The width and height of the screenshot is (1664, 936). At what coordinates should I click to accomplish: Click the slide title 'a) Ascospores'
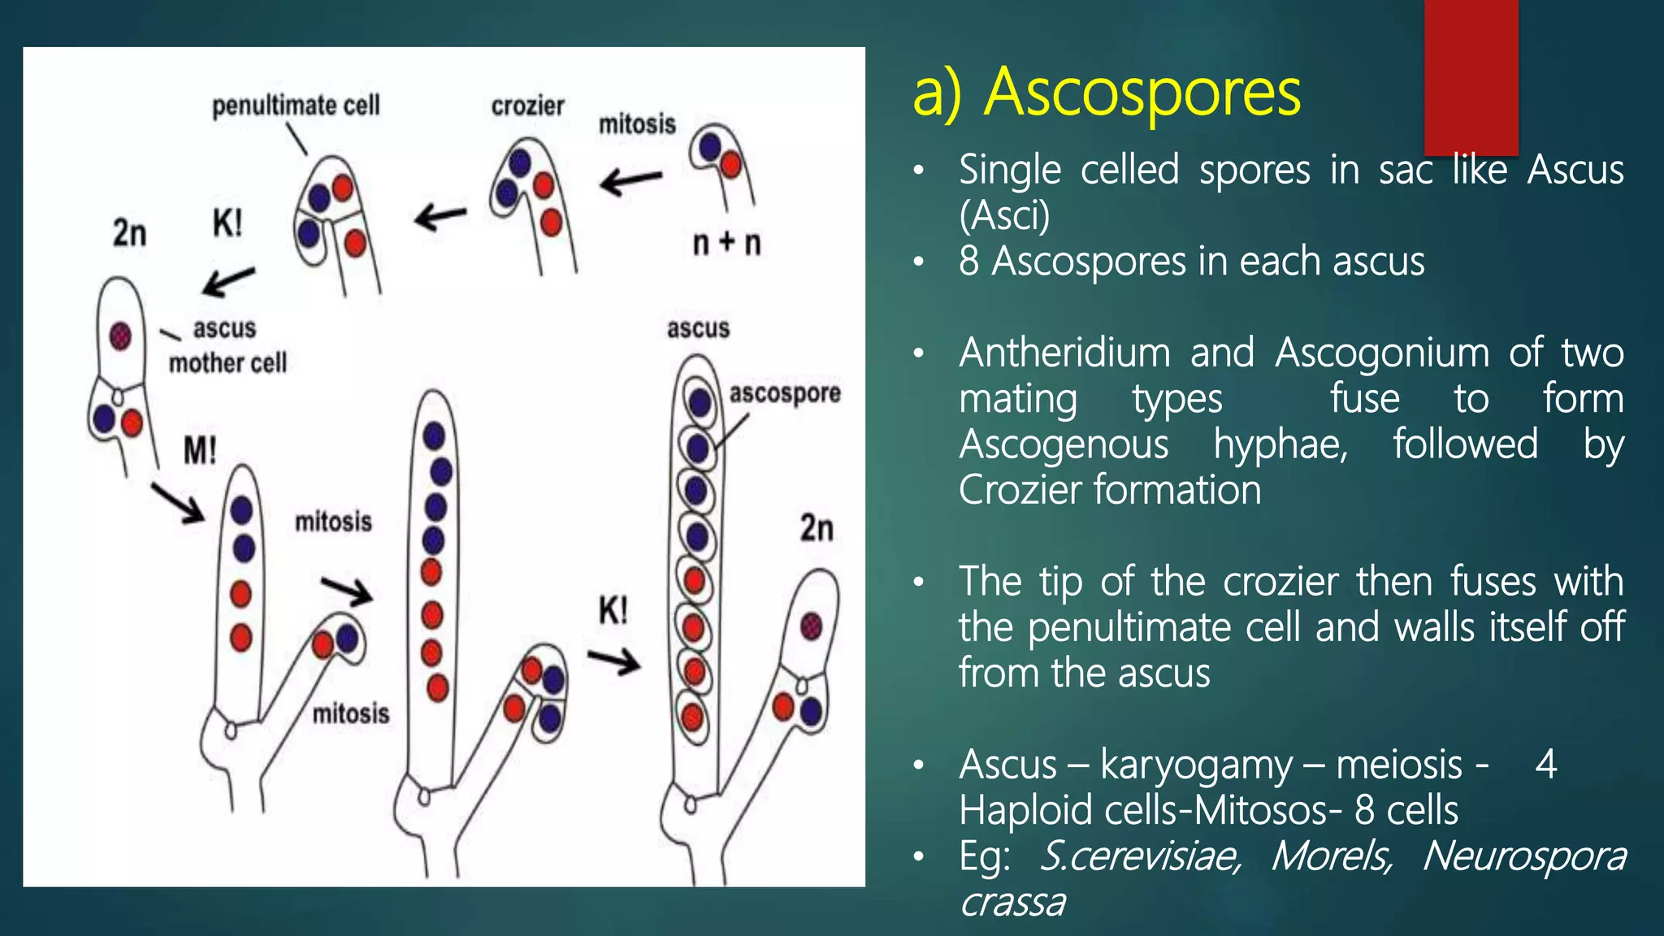pyautogui.click(x=1106, y=93)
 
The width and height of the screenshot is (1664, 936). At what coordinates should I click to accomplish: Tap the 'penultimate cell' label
pyautogui.click(x=296, y=106)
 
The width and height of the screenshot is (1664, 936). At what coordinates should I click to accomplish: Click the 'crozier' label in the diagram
pyautogui.click(x=527, y=106)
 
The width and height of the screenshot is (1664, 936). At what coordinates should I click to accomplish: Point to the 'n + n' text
pyautogui.click(x=726, y=242)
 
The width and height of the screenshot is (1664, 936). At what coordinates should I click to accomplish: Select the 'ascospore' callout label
pyautogui.click(x=784, y=393)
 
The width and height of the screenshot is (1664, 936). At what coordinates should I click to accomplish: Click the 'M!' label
pyautogui.click(x=200, y=450)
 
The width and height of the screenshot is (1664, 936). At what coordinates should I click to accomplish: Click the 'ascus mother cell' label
pyautogui.click(x=227, y=346)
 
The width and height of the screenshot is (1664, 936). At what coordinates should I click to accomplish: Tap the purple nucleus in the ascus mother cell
pyautogui.click(x=120, y=335)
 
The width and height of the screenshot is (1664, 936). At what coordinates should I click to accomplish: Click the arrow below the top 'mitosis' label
pyautogui.click(x=630, y=180)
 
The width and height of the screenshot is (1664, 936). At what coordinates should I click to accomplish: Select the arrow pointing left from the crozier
pyautogui.click(x=440, y=217)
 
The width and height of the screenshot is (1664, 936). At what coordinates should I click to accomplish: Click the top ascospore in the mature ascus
pyautogui.click(x=700, y=401)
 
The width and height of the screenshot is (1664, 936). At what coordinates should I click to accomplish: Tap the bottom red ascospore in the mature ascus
pyautogui.click(x=692, y=718)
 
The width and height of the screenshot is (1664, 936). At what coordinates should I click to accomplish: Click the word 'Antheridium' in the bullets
pyautogui.click(x=1064, y=353)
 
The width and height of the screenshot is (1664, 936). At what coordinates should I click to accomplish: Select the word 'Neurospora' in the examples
pyautogui.click(x=1524, y=856)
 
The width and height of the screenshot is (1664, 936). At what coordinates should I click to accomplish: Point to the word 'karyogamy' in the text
pyautogui.click(x=1195, y=765)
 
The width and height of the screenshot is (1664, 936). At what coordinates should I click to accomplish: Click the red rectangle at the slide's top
pyautogui.click(x=1471, y=77)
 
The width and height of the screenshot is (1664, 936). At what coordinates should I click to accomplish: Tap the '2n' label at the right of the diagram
pyautogui.click(x=817, y=528)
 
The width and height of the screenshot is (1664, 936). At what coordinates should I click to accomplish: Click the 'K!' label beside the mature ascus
pyautogui.click(x=613, y=610)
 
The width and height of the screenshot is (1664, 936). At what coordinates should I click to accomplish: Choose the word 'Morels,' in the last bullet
pyautogui.click(x=1332, y=856)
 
